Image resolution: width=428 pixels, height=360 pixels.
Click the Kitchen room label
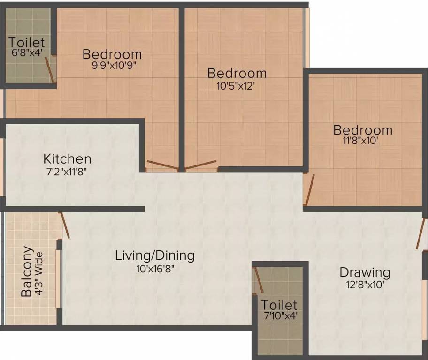[x=67, y=158]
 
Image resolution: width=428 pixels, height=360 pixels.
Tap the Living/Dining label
[x=155, y=255]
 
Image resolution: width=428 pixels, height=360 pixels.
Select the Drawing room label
[x=365, y=272]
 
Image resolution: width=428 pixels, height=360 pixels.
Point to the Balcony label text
[x=27, y=272]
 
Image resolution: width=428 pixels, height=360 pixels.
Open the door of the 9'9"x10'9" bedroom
[x=162, y=165]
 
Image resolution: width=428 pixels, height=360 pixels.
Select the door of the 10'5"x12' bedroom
[x=200, y=165]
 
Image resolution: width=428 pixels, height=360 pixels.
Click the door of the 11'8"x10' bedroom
[x=309, y=190]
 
